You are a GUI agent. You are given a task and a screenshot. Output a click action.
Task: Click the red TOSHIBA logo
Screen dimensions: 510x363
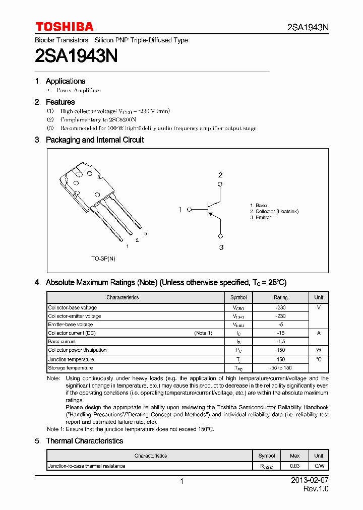point(64,27)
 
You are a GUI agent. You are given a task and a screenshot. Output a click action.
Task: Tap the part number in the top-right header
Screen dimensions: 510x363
point(308,28)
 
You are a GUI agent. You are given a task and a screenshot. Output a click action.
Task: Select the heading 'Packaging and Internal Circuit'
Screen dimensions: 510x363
point(94,140)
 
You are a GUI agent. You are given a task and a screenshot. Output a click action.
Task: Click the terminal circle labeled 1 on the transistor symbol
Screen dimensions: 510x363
point(190,210)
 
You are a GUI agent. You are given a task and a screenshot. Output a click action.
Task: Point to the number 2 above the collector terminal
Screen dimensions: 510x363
point(220,175)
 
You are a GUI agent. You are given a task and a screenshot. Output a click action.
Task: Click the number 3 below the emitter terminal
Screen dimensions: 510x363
point(221,247)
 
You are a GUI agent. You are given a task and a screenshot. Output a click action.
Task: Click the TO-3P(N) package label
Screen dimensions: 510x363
point(103,259)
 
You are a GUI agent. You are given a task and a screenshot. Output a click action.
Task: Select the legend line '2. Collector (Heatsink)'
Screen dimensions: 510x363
point(274,212)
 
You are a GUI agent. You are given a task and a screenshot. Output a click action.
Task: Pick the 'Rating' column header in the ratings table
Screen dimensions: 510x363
point(281,297)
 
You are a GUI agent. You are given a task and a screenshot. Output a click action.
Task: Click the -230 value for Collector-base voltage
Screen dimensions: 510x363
point(281,307)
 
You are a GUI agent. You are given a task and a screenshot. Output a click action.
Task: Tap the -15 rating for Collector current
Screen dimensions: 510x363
point(281,333)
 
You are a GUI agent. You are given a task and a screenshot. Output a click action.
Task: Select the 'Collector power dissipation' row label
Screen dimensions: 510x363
point(77,350)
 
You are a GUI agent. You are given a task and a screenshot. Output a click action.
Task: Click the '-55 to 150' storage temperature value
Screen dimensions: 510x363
point(281,368)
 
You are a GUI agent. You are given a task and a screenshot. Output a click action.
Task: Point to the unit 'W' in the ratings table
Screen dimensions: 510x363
point(319,350)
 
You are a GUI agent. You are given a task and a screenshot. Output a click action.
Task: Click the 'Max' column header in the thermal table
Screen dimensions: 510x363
point(294,456)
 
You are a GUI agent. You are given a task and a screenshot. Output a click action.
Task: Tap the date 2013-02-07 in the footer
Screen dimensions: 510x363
point(310,481)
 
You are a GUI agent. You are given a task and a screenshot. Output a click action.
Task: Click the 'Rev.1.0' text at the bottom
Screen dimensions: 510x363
point(316,489)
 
